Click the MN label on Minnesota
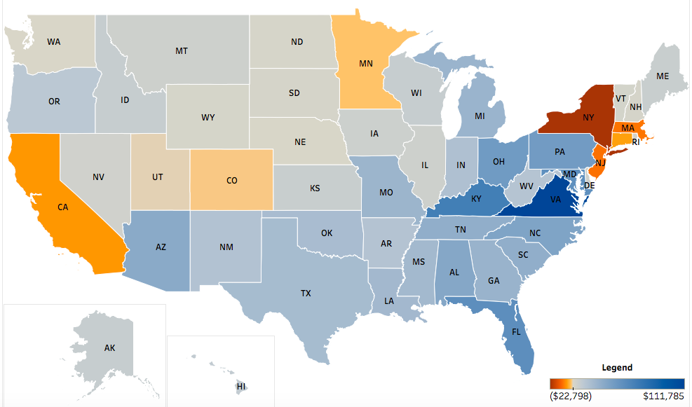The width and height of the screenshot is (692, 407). (365, 64)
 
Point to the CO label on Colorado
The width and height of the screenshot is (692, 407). (232, 180)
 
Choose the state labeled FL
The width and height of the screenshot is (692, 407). (516, 331)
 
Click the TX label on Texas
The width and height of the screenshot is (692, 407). (306, 294)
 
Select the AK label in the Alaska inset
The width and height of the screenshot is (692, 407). (109, 347)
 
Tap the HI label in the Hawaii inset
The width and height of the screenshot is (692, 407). (241, 386)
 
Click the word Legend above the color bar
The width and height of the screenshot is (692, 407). (617, 367)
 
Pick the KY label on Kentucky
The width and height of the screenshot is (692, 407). (476, 198)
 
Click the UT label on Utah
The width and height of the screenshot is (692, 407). (157, 177)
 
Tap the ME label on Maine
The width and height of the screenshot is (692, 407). (662, 76)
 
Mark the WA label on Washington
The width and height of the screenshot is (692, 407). (53, 42)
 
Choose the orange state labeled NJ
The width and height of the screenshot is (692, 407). (599, 163)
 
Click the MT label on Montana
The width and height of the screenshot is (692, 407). (181, 51)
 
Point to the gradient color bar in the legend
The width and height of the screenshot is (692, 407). (617, 383)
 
